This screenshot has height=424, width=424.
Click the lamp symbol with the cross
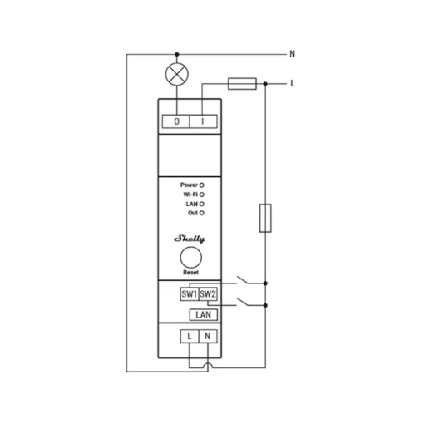(x=177, y=74)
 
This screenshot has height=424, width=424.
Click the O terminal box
(x=176, y=121)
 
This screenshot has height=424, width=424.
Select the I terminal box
(x=203, y=121)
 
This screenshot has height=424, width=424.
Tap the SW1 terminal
(x=190, y=294)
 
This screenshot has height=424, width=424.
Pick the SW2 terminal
(x=208, y=294)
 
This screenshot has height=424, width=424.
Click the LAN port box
(x=204, y=315)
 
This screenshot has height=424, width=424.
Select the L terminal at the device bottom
(x=190, y=336)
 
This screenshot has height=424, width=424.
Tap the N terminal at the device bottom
(x=208, y=336)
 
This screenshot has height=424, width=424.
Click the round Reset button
(x=191, y=258)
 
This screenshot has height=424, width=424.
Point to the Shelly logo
(x=190, y=239)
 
